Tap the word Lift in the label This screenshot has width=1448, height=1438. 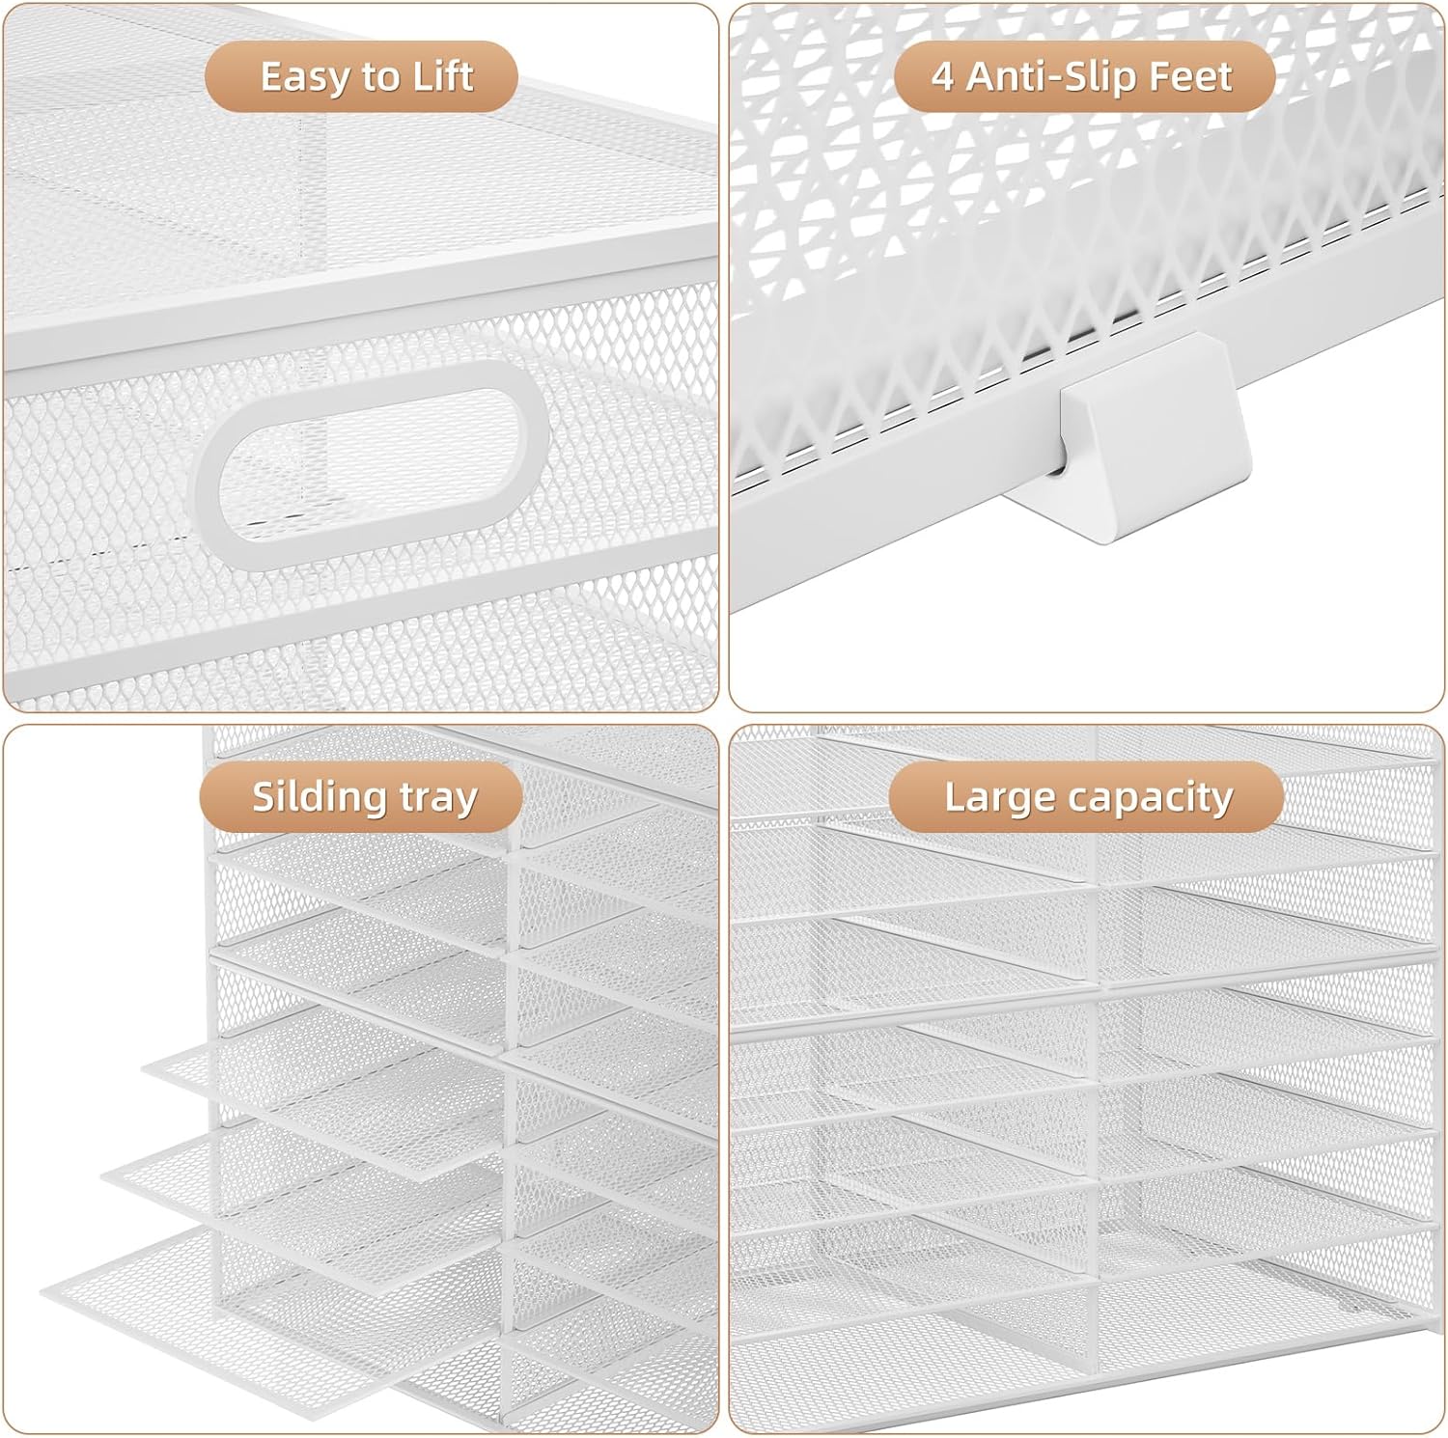point(443,76)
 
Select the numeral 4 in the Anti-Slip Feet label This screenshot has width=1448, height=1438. point(943,76)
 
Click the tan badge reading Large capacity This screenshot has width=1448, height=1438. point(1087,797)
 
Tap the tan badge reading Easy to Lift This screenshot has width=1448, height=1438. point(361,76)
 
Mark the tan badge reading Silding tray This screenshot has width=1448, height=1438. point(361,797)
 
